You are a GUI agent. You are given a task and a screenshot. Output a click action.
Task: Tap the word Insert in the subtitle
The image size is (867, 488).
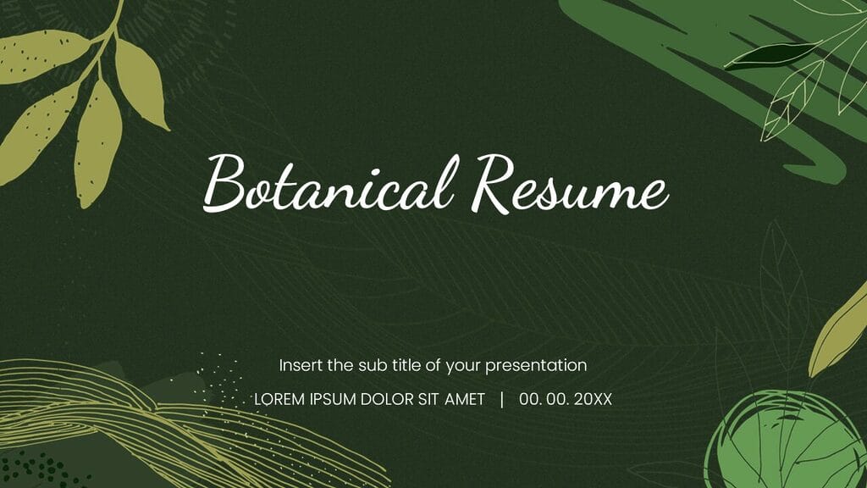coord(301,366)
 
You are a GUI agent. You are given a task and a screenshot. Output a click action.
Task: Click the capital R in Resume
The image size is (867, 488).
coord(496,181)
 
